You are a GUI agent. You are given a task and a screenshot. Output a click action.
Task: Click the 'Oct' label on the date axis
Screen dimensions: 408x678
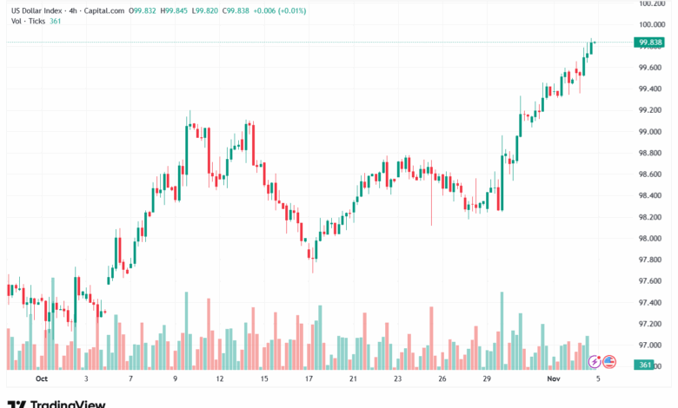coord(40,379)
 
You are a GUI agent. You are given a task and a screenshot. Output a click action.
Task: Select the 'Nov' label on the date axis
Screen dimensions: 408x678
coord(553,379)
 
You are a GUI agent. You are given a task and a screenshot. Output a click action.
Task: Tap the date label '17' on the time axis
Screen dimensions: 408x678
coord(309,379)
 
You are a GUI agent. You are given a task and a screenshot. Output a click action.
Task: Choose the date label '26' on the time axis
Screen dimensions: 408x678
coord(442,379)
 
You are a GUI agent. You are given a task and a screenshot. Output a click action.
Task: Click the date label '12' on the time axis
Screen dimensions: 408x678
coord(220,379)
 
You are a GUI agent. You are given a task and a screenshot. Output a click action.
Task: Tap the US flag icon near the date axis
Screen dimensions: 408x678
coord(609,362)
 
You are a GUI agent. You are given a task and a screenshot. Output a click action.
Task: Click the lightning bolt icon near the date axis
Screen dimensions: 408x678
coord(595,362)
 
